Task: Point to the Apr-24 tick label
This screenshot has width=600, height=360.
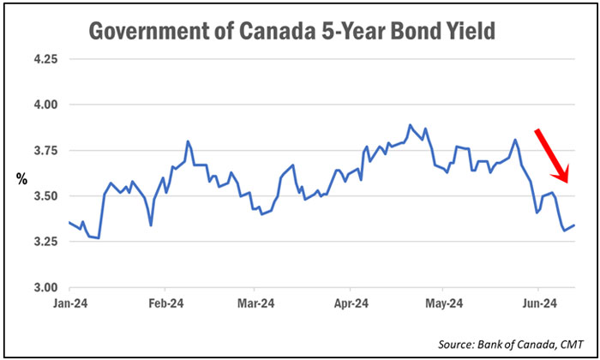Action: coord(351,303)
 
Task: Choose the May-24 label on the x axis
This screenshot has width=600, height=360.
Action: coord(445,303)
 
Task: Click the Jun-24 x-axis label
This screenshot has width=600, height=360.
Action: coord(538,303)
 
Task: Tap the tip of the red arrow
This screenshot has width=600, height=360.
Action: coord(566,183)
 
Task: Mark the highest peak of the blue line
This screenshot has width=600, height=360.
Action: coord(410,125)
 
